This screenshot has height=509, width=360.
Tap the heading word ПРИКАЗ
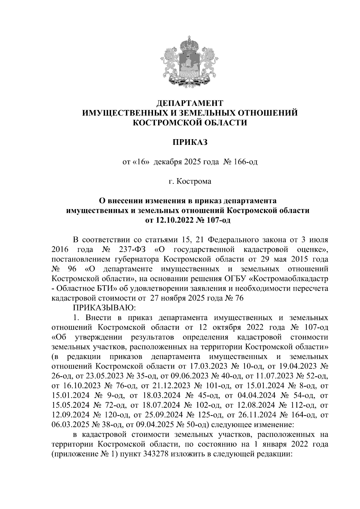coord(190,142)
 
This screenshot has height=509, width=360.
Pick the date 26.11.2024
coord(257,415)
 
